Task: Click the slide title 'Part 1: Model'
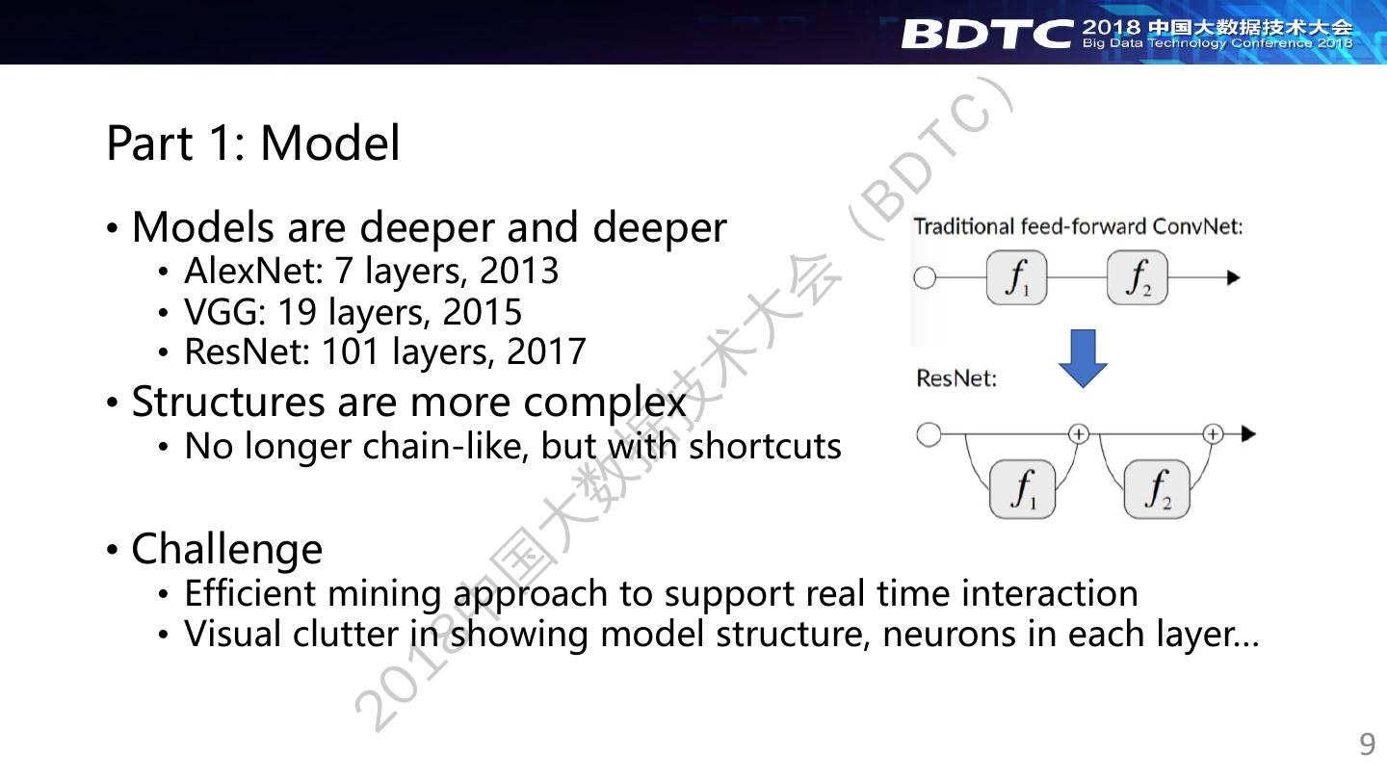252,143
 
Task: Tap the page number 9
1367,744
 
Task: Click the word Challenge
226,549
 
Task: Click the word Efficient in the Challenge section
249,593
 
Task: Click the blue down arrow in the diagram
1083,358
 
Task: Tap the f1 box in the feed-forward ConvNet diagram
1016,278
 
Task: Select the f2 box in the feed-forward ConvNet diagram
1137,278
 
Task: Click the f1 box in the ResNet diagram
1023,488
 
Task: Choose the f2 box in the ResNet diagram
1157,488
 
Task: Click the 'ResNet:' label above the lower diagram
956,378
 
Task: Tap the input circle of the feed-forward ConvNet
925,278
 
